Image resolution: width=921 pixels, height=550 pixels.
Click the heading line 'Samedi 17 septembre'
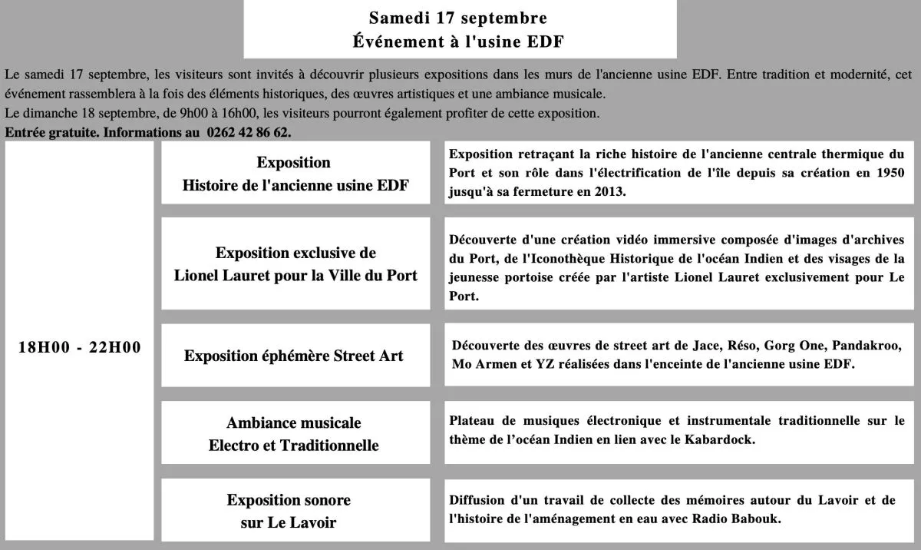458,18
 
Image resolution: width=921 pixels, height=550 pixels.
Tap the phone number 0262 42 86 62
249,132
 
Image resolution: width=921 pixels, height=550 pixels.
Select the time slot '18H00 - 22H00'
80,347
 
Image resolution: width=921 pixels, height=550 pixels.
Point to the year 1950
890,173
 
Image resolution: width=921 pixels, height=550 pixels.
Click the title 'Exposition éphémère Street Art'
294,356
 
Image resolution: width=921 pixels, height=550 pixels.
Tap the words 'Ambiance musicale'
294,422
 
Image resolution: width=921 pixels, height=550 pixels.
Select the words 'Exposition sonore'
289,500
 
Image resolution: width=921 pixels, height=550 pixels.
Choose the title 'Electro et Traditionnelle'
294,446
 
